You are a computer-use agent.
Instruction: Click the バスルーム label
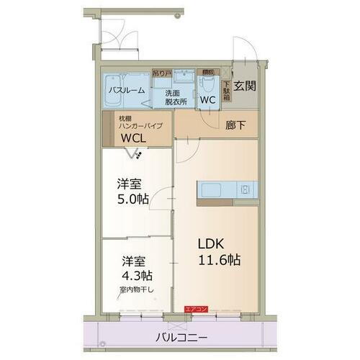tap(127, 91)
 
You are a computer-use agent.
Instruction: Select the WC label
tap(208, 100)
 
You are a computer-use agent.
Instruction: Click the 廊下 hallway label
tap(235, 125)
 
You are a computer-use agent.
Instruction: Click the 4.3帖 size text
tap(136, 275)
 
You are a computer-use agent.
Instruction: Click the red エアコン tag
tap(196, 309)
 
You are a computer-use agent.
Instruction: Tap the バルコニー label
tap(181, 337)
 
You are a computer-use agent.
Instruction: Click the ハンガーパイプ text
tap(140, 126)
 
